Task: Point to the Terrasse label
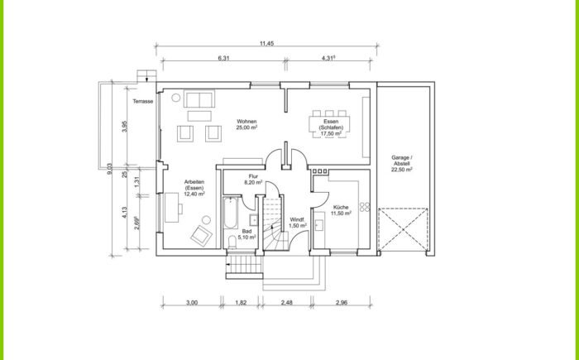[x=143, y=101]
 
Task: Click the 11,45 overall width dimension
[x=266, y=43]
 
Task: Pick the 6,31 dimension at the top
[x=224, y=58]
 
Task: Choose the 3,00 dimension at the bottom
[x=192, y=302]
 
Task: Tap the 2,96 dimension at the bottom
[x=342, y=302]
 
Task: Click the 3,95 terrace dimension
[x=125, y=127]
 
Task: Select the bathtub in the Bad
[x=232, y=214]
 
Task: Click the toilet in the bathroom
[x=232, y=242]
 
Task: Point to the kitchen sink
[x=319, y=225]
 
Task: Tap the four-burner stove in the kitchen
[x=365, y=207]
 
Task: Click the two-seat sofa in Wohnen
[x=199, y=99]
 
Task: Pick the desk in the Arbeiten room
[x=172, y=208]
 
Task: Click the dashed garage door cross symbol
[x=403, y=230]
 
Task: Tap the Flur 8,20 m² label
[x=253, y=180]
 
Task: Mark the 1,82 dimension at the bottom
[x=241, y=302]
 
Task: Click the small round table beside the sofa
[x=175, y=98]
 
